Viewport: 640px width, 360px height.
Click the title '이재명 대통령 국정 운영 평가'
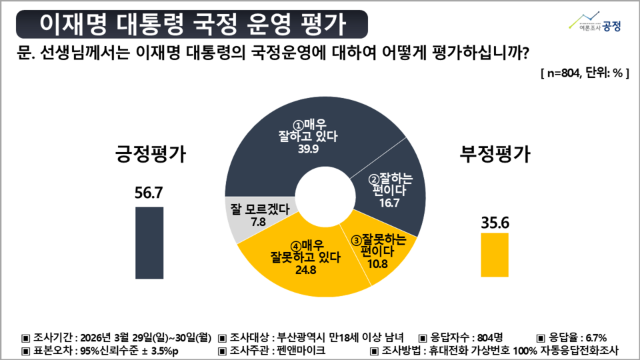191,25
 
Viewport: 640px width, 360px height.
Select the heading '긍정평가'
147,155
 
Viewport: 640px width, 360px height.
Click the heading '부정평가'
495,155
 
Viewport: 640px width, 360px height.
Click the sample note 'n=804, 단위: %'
584,73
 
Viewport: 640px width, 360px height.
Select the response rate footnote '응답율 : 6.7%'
572,337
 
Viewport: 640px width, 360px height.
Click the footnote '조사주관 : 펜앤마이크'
273,350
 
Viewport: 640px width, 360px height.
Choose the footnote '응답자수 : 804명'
461,337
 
